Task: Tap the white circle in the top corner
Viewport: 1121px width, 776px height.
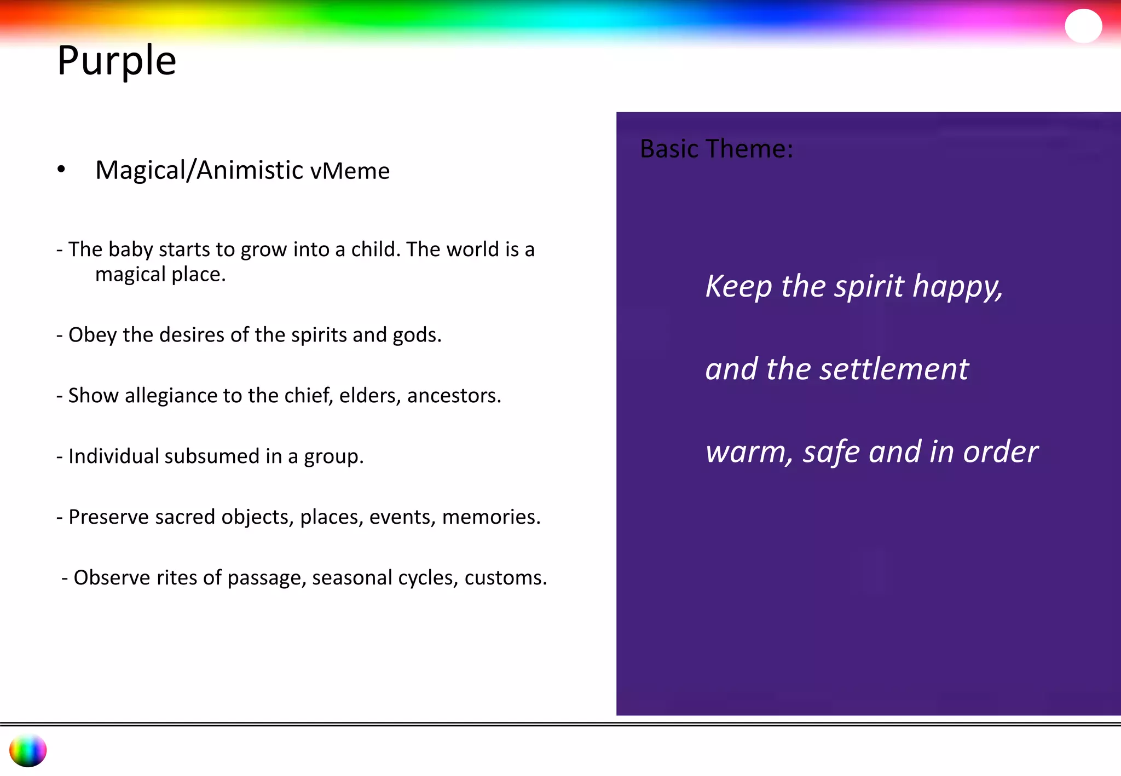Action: click(1083, 26)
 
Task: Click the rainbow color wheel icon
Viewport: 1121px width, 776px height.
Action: click(28, 750)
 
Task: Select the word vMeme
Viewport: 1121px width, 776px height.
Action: click(350, 171)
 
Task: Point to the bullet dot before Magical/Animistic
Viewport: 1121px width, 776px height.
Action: click(61, 170)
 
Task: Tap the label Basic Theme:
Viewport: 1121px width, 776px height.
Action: click(716, 149)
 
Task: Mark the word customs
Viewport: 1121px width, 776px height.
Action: click(505, 578)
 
